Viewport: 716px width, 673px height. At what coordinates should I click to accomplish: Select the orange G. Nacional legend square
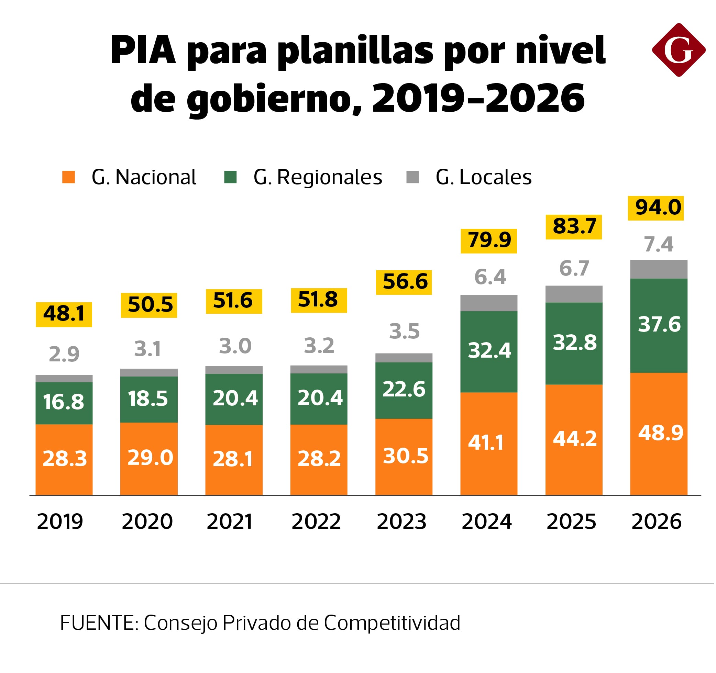click(68, 177)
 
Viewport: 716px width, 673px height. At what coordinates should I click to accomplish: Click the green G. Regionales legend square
click(230, 177)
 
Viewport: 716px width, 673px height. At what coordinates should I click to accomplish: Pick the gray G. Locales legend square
click(412, 177)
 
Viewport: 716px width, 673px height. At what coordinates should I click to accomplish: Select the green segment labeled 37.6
click(658, 325)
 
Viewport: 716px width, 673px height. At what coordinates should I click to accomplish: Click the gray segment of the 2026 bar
click(658, 269)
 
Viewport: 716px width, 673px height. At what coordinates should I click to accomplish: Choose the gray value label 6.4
click(490, 277)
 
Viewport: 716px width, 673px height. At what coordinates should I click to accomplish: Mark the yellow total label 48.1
click(64, 314)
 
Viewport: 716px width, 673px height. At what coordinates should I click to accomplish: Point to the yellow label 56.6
click(404, 282)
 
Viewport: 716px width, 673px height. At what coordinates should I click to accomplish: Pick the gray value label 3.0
click(235, 346)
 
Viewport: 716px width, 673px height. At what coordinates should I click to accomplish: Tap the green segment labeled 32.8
click(574, 343)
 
